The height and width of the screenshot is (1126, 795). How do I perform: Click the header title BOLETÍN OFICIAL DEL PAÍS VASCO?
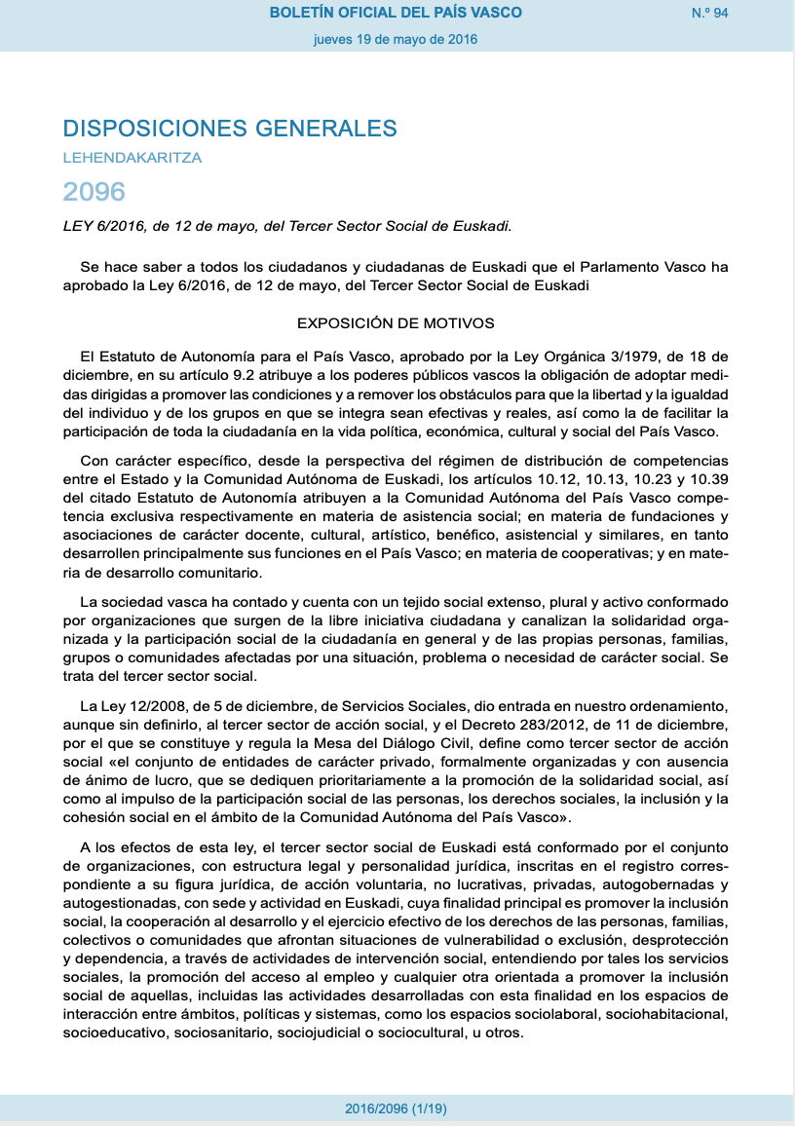pos(396,13)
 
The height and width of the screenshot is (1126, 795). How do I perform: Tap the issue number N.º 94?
pos(710,13)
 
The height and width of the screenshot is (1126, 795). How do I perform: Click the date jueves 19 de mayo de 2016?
pos(396,40)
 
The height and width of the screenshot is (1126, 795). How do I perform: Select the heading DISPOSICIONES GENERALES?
pos(230,129)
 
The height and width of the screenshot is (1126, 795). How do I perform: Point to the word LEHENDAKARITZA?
pos(132,157)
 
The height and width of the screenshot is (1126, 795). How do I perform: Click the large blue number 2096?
pos(95,190)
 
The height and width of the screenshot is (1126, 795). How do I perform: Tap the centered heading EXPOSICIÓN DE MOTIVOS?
pos(396,322)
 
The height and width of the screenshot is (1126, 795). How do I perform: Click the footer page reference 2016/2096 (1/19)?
pos(396,1109)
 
